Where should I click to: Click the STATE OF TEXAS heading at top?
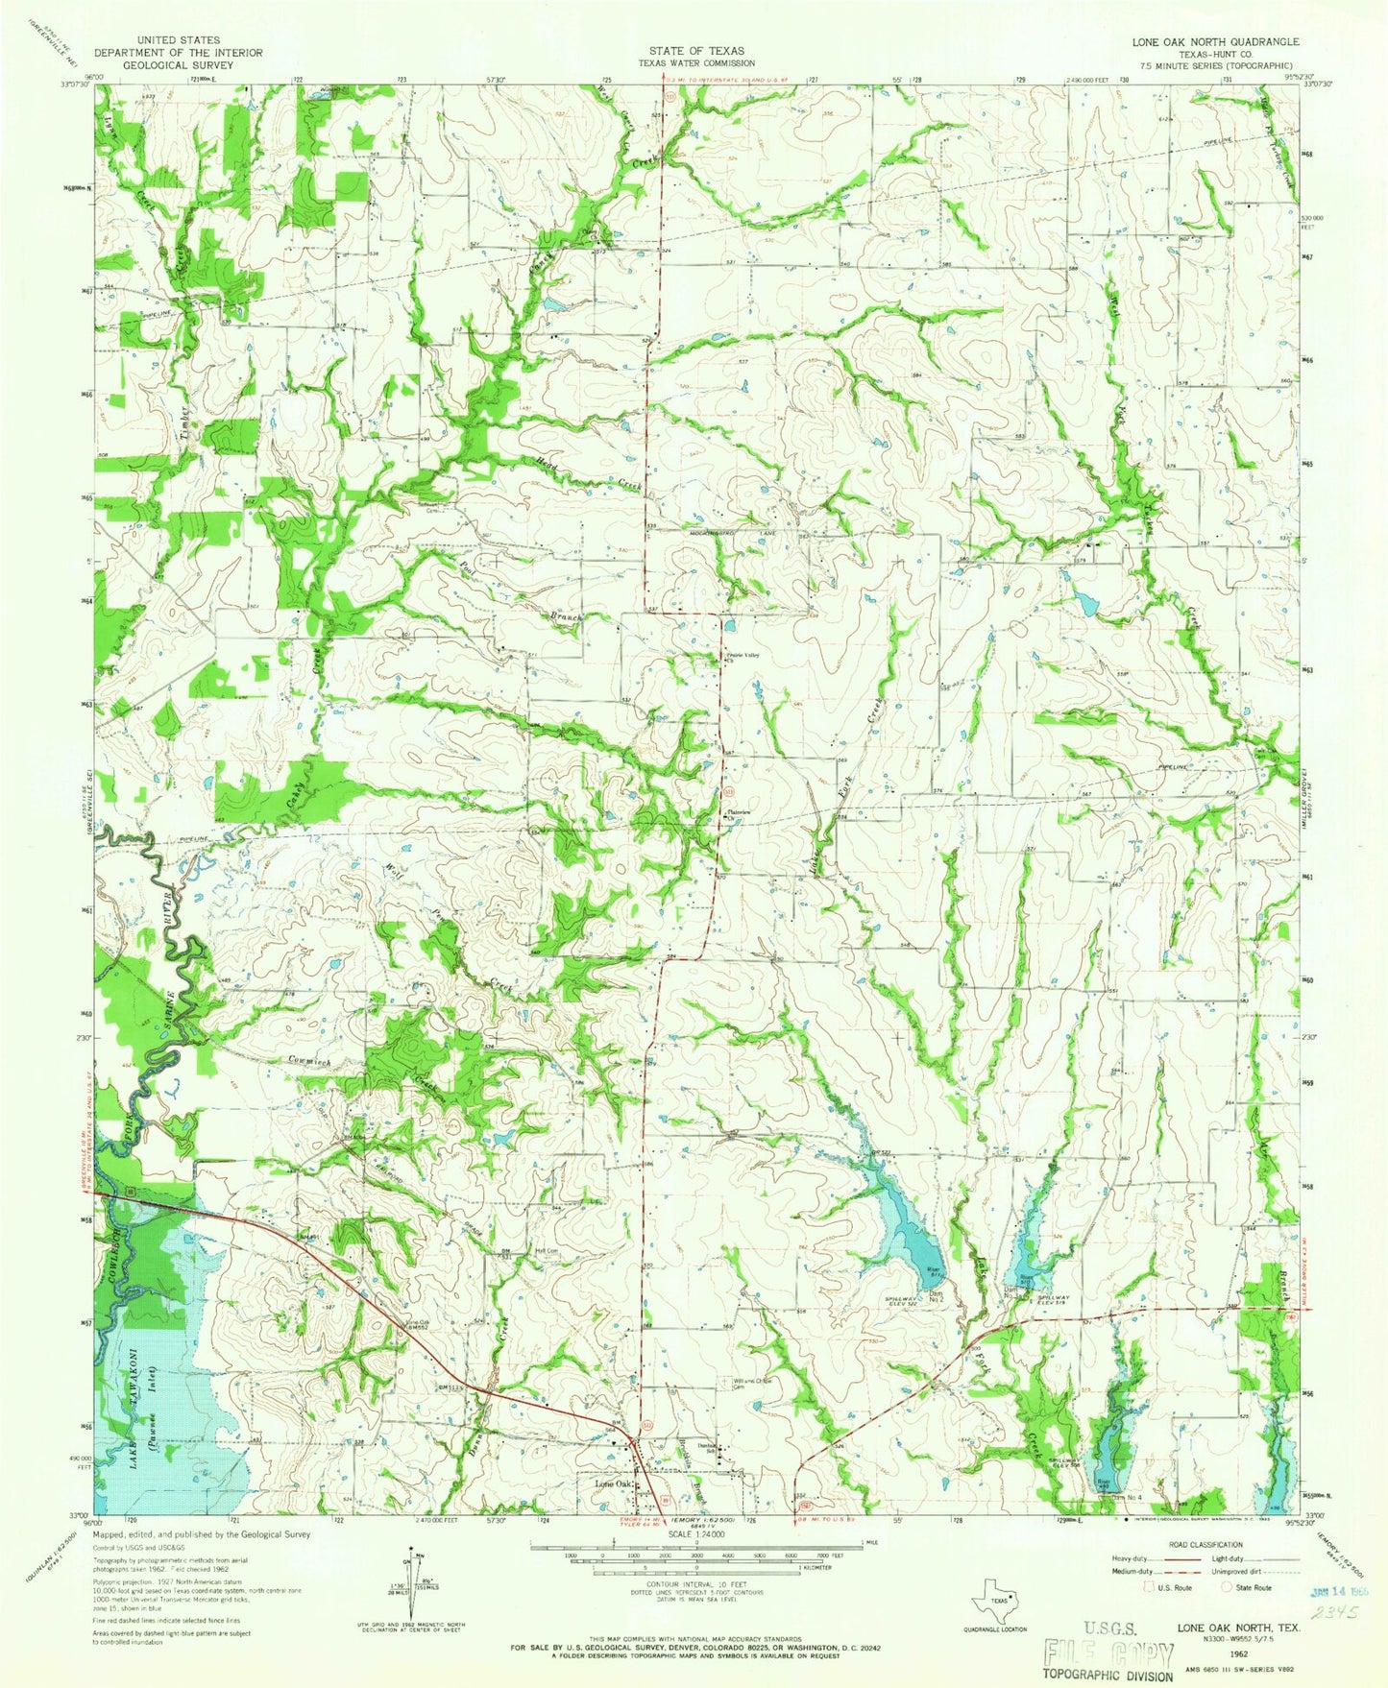694,51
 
